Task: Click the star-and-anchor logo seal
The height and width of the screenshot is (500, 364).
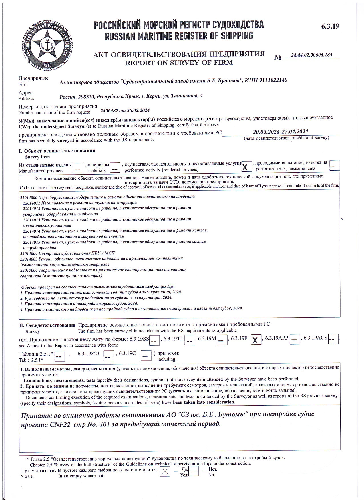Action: pos(47,46)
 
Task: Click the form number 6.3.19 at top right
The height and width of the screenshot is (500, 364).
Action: pos(330,26)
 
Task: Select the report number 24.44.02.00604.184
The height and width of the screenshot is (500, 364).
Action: pos(312,55)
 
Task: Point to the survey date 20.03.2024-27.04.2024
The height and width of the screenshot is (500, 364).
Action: pos(280,132)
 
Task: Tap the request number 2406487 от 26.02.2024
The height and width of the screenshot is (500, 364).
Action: pos(125,110)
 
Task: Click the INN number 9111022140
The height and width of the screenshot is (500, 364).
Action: pos(273,80)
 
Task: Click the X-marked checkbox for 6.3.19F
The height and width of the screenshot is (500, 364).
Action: pos(256,340)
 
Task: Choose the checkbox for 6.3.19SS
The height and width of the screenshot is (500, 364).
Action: pos(154,340)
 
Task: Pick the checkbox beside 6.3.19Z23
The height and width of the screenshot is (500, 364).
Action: pos(108,356)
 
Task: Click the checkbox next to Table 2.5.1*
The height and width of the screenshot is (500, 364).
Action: pos(59,356)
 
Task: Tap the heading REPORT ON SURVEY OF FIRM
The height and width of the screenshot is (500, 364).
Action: pos(179,62)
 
